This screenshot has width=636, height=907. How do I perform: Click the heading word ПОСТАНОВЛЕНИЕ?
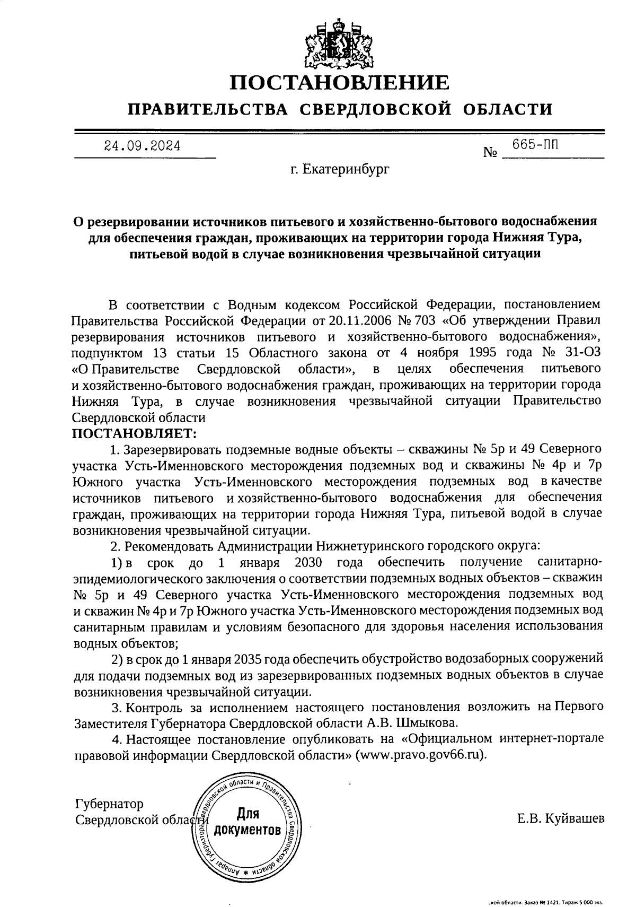(x=339, y=83)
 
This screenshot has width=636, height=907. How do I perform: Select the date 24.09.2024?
(x=142, y=145)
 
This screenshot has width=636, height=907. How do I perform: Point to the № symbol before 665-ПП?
(x=490, y=153)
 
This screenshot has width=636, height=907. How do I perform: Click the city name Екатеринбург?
(x=339, y=170)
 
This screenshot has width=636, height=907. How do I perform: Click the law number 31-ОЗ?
(x=582, y=352)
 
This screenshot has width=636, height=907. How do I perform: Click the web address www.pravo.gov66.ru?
(x=422, y=755)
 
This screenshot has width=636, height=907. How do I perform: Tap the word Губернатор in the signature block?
(x=109, y=804)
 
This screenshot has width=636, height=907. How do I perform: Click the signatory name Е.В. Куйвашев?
(x=561, y=819)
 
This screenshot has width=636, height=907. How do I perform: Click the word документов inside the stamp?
(x=247, y=830)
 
